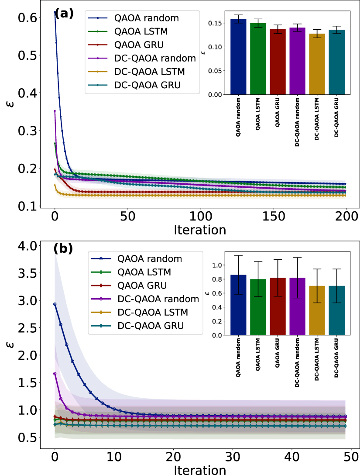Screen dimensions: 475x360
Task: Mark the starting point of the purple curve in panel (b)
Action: coord(55,374)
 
